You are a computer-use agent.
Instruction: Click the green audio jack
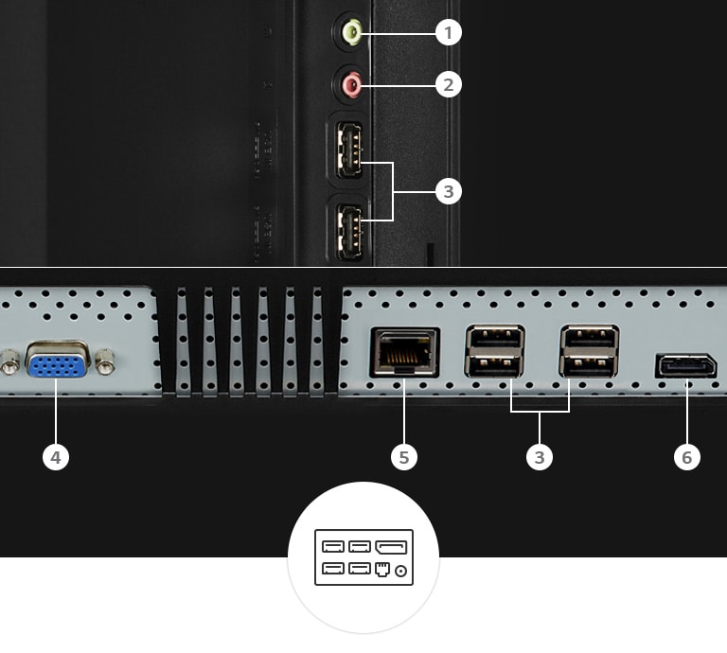(352, 33)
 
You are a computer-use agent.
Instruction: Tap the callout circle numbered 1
(449, 33)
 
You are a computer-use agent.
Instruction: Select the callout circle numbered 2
(449, 84)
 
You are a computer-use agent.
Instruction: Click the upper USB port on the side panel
(348, 150)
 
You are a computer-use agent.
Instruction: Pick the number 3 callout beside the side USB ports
(449, 192)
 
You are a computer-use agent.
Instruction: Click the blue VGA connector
(59, 360)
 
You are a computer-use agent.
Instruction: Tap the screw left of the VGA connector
(10, 362)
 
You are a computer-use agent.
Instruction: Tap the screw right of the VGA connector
(107, 361)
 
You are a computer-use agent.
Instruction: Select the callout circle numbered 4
(57, 458)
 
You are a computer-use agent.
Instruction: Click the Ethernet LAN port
(405, 351)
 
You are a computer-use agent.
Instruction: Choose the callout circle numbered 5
(404, 458)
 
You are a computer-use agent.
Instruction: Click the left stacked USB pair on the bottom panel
(494, 351)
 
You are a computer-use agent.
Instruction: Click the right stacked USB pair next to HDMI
(589, 351)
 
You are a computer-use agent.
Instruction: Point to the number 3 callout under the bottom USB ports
(540, 458)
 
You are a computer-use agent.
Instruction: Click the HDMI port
(686, 365)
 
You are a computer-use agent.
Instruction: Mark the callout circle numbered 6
(687, 458)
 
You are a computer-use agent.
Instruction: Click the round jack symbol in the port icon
(401, 570)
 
